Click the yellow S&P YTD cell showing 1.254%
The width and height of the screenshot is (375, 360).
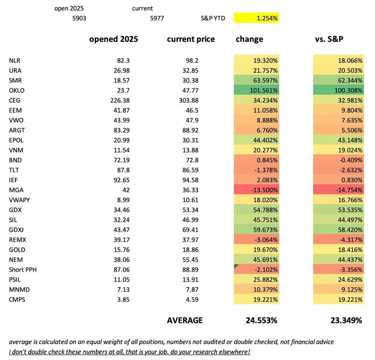(x=256, y=18)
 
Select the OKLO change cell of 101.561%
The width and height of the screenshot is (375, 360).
(x=256, y=90)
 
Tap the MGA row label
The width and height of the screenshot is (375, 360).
(x=16, y=190)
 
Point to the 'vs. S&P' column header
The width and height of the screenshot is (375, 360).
(x=329, y=39)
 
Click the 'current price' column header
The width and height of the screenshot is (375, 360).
(x=191, y=39)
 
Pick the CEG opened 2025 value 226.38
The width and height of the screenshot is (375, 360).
(x=120, y=100)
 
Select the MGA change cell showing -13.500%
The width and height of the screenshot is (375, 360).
(x=256, y=190)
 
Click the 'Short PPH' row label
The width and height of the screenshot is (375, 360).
(x=22, y=270)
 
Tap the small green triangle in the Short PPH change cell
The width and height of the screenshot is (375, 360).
(x=236, y=266)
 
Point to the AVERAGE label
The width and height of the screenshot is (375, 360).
(x=185, y=320)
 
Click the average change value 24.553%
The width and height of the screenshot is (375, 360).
(x=262, y=320)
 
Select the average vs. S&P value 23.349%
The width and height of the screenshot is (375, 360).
(x=346, y=320)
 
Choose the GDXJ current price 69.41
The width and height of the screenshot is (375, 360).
(x=191, y=230)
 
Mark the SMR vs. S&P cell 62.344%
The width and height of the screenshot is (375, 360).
(x=339, y=80)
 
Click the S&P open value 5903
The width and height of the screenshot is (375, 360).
(x=79, y=19)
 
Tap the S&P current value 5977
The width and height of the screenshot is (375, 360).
(x=157, y=19)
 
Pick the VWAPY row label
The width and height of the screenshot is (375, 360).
(x=19, y=200)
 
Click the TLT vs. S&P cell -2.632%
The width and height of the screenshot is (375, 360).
(x=339, y=170)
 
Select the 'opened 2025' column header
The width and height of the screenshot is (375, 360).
(x=113, y=39)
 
